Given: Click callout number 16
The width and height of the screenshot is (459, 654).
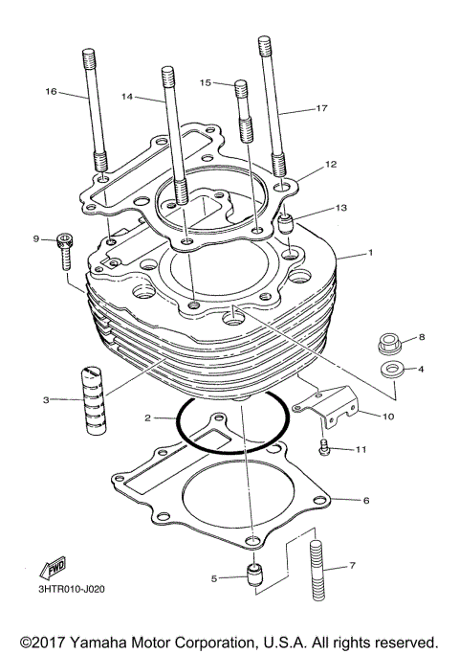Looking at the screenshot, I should click(x=51, y=92).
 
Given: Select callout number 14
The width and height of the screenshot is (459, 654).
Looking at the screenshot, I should click(x=128, y=97).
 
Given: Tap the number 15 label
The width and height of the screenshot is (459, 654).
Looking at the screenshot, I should click(x=205, y=83).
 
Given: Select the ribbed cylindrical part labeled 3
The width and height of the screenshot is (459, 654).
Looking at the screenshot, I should click(x=93, y=398).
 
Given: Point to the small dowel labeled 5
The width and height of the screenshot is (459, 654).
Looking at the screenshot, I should click(x=253, y=577).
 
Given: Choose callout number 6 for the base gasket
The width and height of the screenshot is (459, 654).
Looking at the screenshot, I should click(x=365, y=500).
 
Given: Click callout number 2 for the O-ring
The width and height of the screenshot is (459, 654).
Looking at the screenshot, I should click(x=147, y=418).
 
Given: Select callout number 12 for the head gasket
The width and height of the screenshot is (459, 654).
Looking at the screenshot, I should click(x=331, y=165).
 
